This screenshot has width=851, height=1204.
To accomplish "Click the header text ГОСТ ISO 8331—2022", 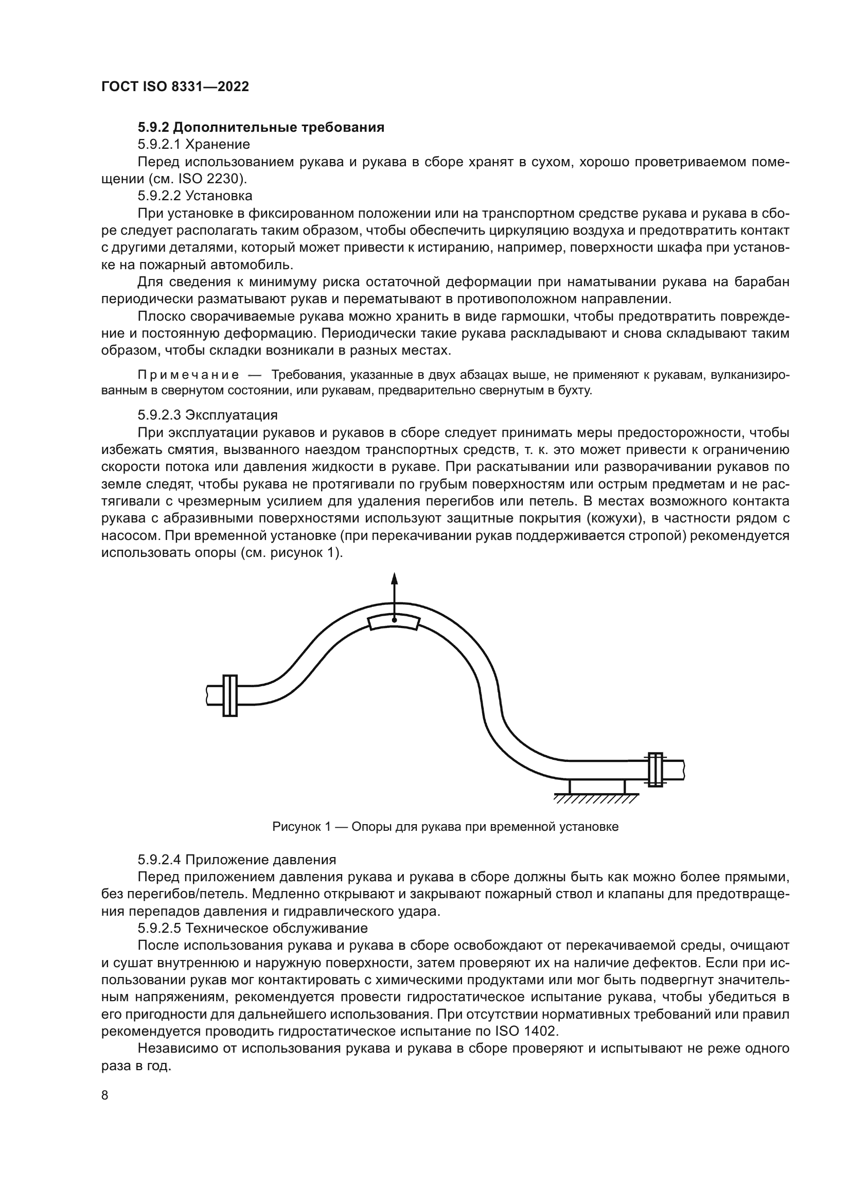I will pos(175,86).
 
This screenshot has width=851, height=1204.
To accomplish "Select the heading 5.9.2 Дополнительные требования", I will pos(261,128).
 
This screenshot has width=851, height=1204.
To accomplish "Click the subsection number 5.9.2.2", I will pos(159,196).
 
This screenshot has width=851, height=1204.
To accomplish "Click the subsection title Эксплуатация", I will pos(231,415).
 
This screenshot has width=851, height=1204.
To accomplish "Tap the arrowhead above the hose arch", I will pos(395,579).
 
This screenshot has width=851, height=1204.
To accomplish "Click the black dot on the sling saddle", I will pos(395,620).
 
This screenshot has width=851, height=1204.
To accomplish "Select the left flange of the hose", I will pos(230,695).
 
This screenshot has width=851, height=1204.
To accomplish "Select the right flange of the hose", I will pos(655,770).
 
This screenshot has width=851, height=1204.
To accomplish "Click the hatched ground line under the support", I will pos(596,799).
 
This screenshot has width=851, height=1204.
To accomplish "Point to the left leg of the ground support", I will pos(571,787).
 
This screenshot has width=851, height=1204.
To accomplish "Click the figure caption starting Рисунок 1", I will pos(446,827).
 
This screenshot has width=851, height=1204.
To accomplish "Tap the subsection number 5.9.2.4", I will pos(159,860).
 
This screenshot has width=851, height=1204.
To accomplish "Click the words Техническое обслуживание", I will pos(277,928).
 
